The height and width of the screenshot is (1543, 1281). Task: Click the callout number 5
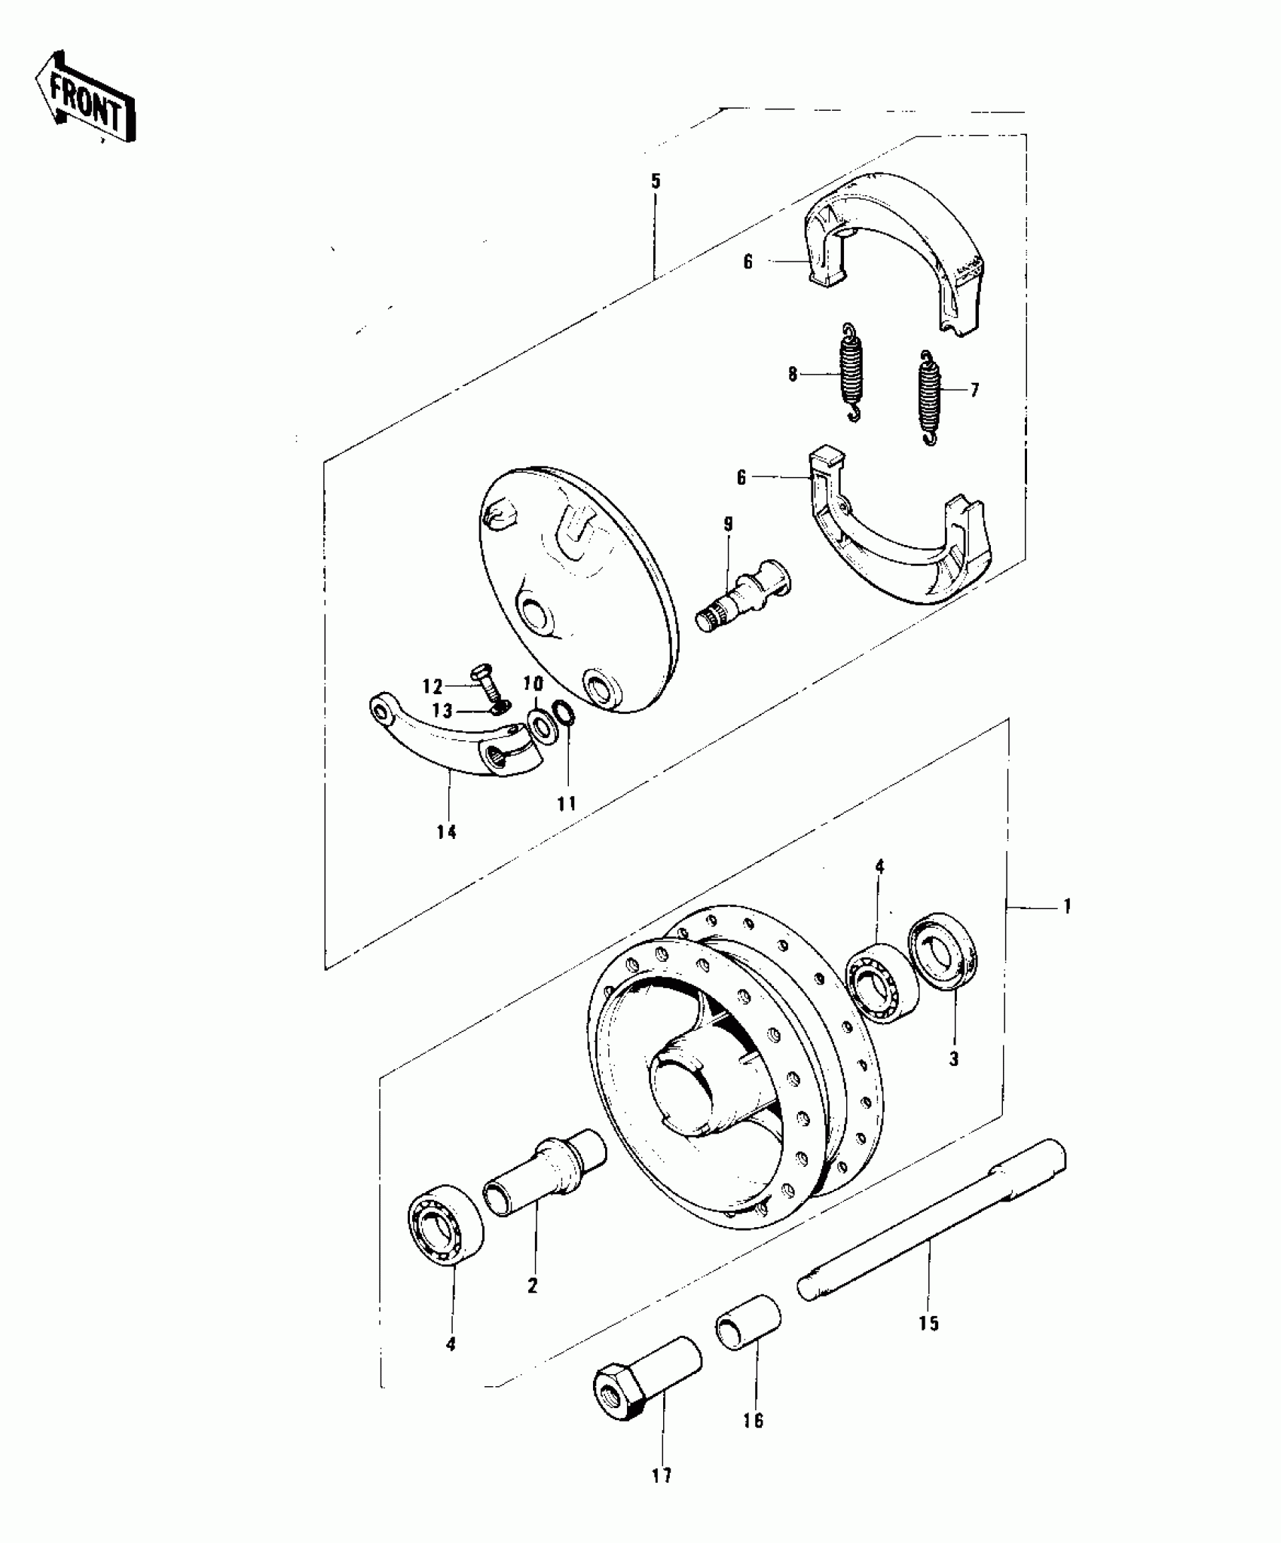655,181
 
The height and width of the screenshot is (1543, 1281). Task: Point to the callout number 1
1066,905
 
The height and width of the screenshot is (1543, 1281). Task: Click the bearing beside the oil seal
881,982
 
